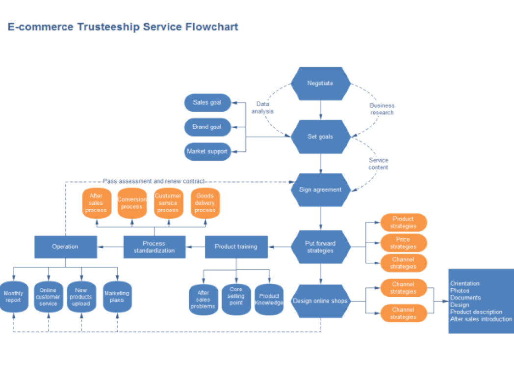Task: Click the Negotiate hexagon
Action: pos(320,84)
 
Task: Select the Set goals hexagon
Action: pos(320,137)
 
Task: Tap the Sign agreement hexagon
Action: pos(320,190)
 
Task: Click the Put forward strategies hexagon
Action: pos(320,247)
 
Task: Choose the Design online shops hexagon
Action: pos(320,301)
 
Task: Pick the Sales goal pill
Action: pos(207,103)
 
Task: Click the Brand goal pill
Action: pos(207,127)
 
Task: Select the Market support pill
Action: pos(207,151)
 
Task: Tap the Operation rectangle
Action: pos(65,247)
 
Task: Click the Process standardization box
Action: pos(154,247)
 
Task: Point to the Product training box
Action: pos(236,247)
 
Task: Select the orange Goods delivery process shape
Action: pos(205,203)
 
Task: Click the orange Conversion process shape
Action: pos(132,203)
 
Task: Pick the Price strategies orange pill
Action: pos(403,243)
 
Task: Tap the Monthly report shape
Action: pos(13,297)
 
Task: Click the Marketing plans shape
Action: pos(117,297)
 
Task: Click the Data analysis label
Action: pos(262,108)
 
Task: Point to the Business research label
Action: pos(382,109)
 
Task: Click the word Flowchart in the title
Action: pos(212,27)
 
